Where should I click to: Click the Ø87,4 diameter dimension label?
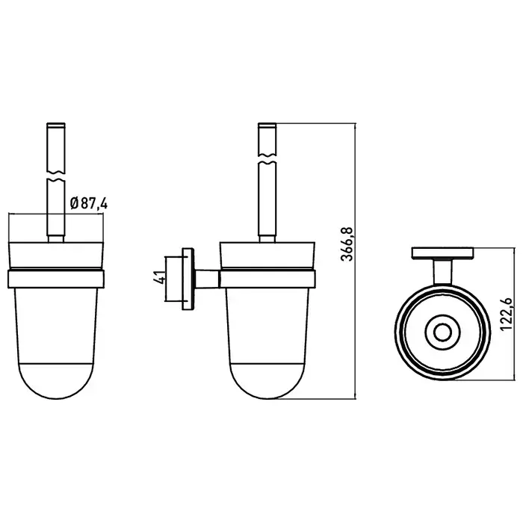(x=89, y=203)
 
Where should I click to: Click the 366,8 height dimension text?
(x=347, y=244)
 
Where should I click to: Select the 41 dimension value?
(x=159, y=277)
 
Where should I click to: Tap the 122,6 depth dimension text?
(x=507, y=315)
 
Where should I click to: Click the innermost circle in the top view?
(x=442, y=332)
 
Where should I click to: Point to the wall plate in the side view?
(x=188, y=279)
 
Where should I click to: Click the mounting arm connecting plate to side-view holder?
(x=207, y=279)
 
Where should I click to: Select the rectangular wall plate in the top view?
(x=442, y=253)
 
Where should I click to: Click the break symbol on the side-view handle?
(x=267, y=158)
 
